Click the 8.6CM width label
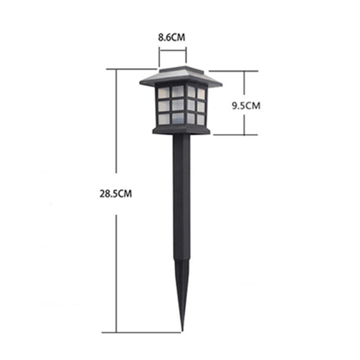tap(172, 37)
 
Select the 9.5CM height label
tap(246, 106)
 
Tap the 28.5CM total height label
tap(116, 194)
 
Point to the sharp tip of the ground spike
tap(182, 331)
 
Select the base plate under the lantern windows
tap(181, 130)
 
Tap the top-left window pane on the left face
tap(163, 92)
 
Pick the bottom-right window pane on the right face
tap(200, 120)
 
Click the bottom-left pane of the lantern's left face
tap(163, 119)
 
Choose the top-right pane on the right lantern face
tap(201, 94)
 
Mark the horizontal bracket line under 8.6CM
tap(172, 50)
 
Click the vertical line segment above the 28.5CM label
tap(117, 121)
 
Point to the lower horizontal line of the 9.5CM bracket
tap(234, 135)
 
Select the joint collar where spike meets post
tap(181, 260)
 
